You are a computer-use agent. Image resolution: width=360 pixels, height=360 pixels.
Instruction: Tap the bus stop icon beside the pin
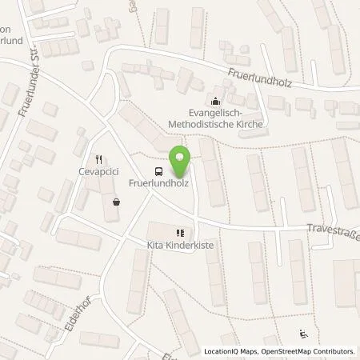click(158, 171)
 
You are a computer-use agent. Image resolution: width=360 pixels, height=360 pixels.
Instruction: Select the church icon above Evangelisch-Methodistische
click(215, 101)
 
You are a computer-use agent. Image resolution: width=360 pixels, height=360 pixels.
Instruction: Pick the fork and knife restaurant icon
click(98, 158)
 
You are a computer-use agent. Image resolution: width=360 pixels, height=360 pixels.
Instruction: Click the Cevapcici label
click(99, 170)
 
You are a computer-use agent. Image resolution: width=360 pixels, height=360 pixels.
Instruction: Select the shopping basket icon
click(118, 202)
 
